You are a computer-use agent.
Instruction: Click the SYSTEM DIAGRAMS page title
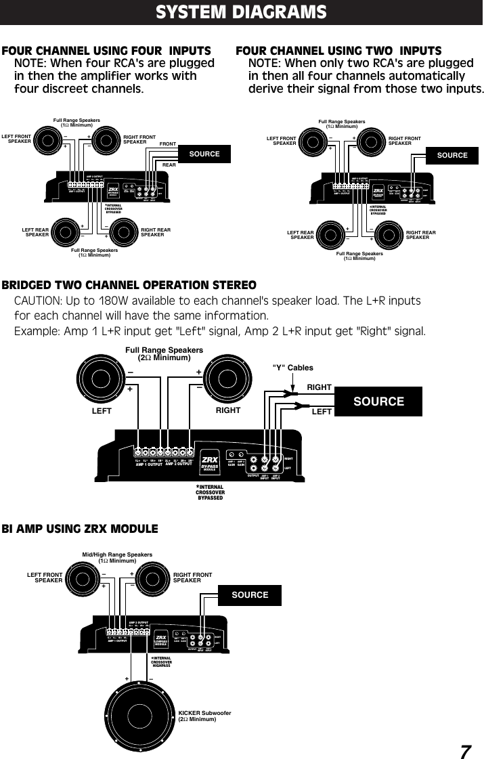point(241,12)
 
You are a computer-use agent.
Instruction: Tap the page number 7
point(465,752)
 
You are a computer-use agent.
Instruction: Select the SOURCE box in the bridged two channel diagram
point(378,402)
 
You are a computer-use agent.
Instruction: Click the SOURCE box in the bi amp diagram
point(250,594)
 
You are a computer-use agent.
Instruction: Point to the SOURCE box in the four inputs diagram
point(204,154)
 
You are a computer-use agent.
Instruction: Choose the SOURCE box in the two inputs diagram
point(452,155)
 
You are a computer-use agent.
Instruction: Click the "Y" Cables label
point(292,368)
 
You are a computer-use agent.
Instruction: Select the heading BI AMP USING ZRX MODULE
point(80,529)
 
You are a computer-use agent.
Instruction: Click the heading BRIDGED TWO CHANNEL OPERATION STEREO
point(129,284)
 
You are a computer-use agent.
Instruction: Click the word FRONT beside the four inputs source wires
point(167,144)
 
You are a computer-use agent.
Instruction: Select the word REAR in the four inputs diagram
point(169,165)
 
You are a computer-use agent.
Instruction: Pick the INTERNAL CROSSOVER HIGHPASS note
point(160,662)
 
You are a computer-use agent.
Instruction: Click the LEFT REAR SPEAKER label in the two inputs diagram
point(301,235)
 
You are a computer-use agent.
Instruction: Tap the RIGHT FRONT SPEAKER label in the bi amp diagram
point(192,578)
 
